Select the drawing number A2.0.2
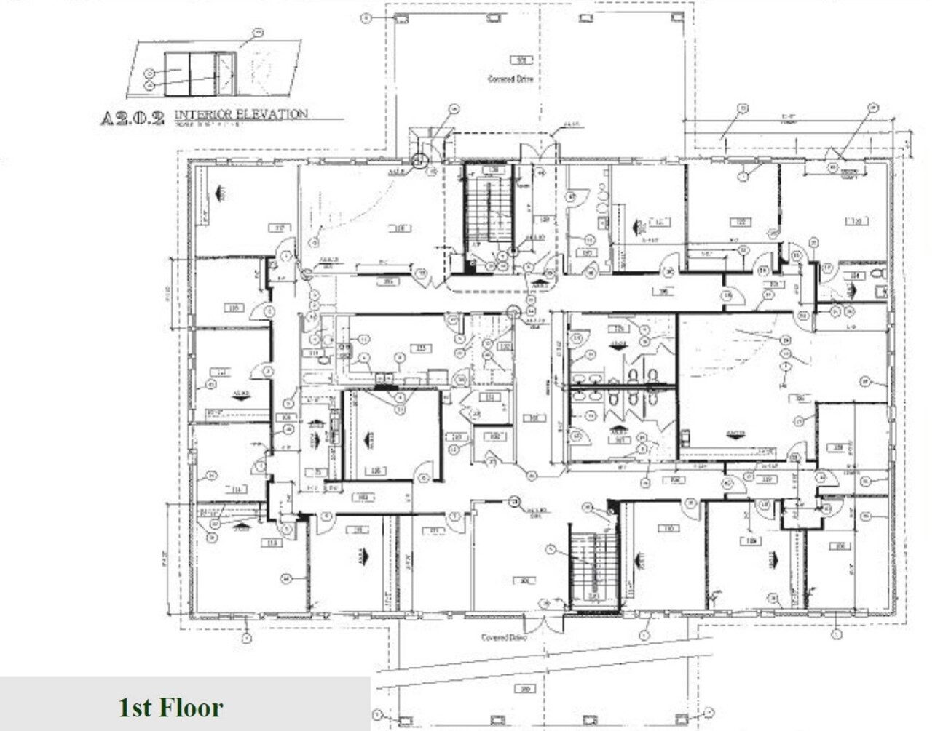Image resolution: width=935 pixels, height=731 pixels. (x=132, y=117)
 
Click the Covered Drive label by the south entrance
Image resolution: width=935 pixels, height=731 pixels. (x=504, y=637)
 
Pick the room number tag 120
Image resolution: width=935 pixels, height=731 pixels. (x=856, y=221)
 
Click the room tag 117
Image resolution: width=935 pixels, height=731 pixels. (x=277, y=227)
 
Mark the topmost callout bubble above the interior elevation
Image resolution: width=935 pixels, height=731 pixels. (x=257, y=32)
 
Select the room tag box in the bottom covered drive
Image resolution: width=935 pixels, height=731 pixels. (x=522, y=688)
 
